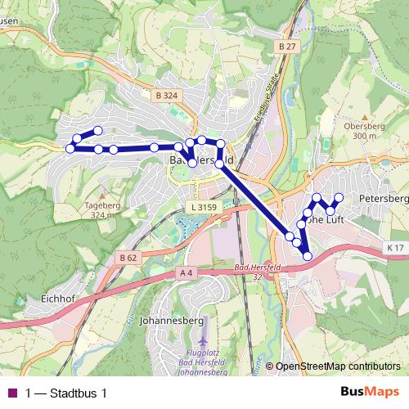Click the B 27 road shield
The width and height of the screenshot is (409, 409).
click(285, 47)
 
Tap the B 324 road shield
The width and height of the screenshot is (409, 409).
click(165, 96)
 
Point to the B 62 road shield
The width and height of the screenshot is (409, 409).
click(128, 257)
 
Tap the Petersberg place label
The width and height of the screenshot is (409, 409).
click(383, 199)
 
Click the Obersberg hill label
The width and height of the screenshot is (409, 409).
click(360, 127)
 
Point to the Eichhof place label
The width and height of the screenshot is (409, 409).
click(57, 299)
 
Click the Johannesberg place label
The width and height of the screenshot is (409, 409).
click(172, 320)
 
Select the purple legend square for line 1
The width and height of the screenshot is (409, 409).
click(11, 393)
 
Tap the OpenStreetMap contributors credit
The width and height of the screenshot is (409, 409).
click(338, 366)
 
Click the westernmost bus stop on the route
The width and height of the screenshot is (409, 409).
click(70, 148)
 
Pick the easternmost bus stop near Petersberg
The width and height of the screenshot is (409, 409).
click(339, 197)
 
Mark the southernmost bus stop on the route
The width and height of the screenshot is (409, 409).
click(308, 256)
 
